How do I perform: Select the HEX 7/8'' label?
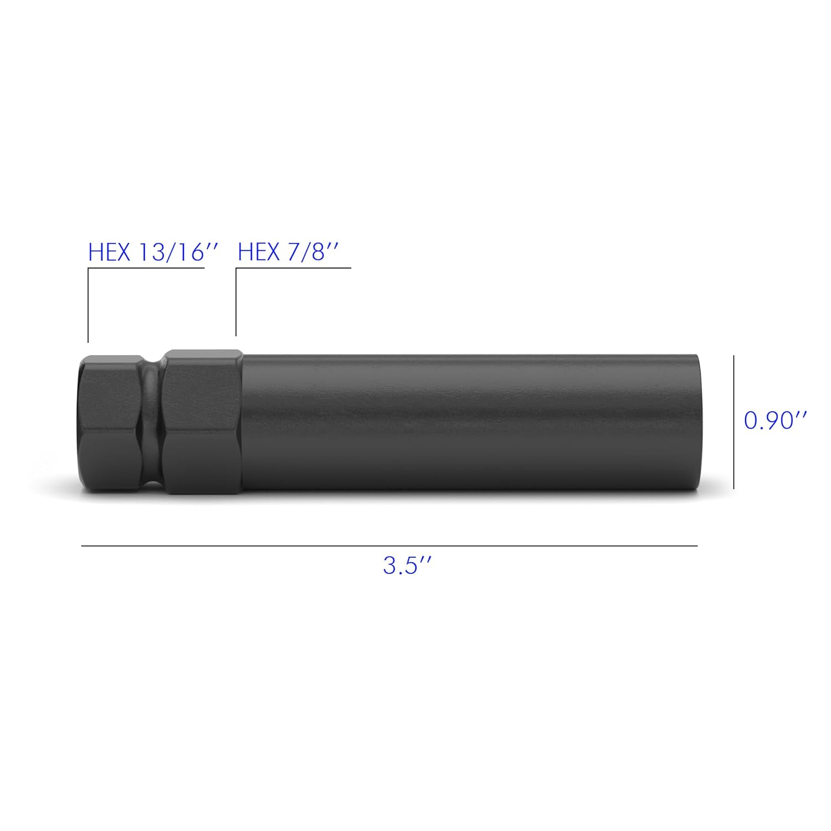[x=288, y=253]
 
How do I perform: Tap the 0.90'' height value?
[x=774, y=421]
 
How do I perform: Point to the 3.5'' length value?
[x=407, y=566]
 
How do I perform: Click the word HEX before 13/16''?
[x=109, y=253]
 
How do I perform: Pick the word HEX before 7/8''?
[x=259, y=253]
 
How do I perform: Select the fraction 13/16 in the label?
[x=172, y=253]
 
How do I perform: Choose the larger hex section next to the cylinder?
[x=202, y=422]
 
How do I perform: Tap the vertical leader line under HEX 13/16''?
[x=88, y=305]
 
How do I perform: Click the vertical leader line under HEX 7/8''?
[x=236, y=302]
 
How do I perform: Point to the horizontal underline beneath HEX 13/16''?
[x=146, y=269]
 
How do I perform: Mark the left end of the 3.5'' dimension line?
[x=83, y=546]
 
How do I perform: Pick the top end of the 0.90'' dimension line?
[x=734, y=357]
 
